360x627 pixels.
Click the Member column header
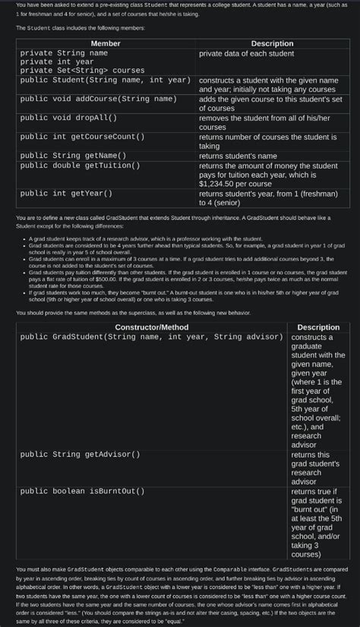[106, 43]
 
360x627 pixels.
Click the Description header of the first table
[272, 43]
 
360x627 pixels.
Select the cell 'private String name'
[64, 53]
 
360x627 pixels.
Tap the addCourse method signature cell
[98, 99]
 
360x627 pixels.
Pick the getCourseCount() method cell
[82, 137]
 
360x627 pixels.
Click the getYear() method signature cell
[66, 194]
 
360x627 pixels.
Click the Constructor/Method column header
[152, 327]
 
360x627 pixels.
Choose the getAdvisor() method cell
[80, 454]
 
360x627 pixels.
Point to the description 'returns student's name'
[242, 156]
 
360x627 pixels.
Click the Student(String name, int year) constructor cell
[105, 80]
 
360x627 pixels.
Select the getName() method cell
[73, 156]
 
